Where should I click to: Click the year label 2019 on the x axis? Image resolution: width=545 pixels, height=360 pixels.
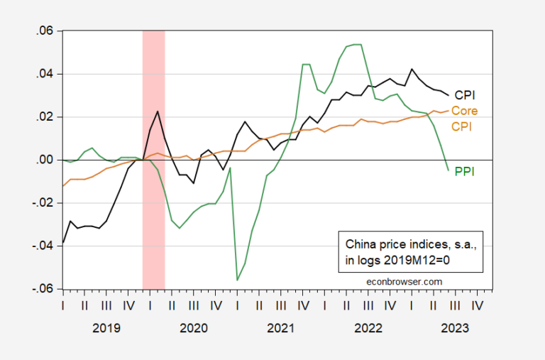[106, 329]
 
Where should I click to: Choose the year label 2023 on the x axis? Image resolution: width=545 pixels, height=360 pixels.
[455, 329]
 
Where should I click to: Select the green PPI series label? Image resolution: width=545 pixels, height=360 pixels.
[464, 171]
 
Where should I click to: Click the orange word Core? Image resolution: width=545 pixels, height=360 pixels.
[464, 111]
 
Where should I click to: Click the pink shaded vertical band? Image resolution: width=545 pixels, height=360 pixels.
[154, 213]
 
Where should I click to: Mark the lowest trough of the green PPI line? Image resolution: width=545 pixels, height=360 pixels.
[237, 280]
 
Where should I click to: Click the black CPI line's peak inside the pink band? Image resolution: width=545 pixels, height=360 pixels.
[158, 111]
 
